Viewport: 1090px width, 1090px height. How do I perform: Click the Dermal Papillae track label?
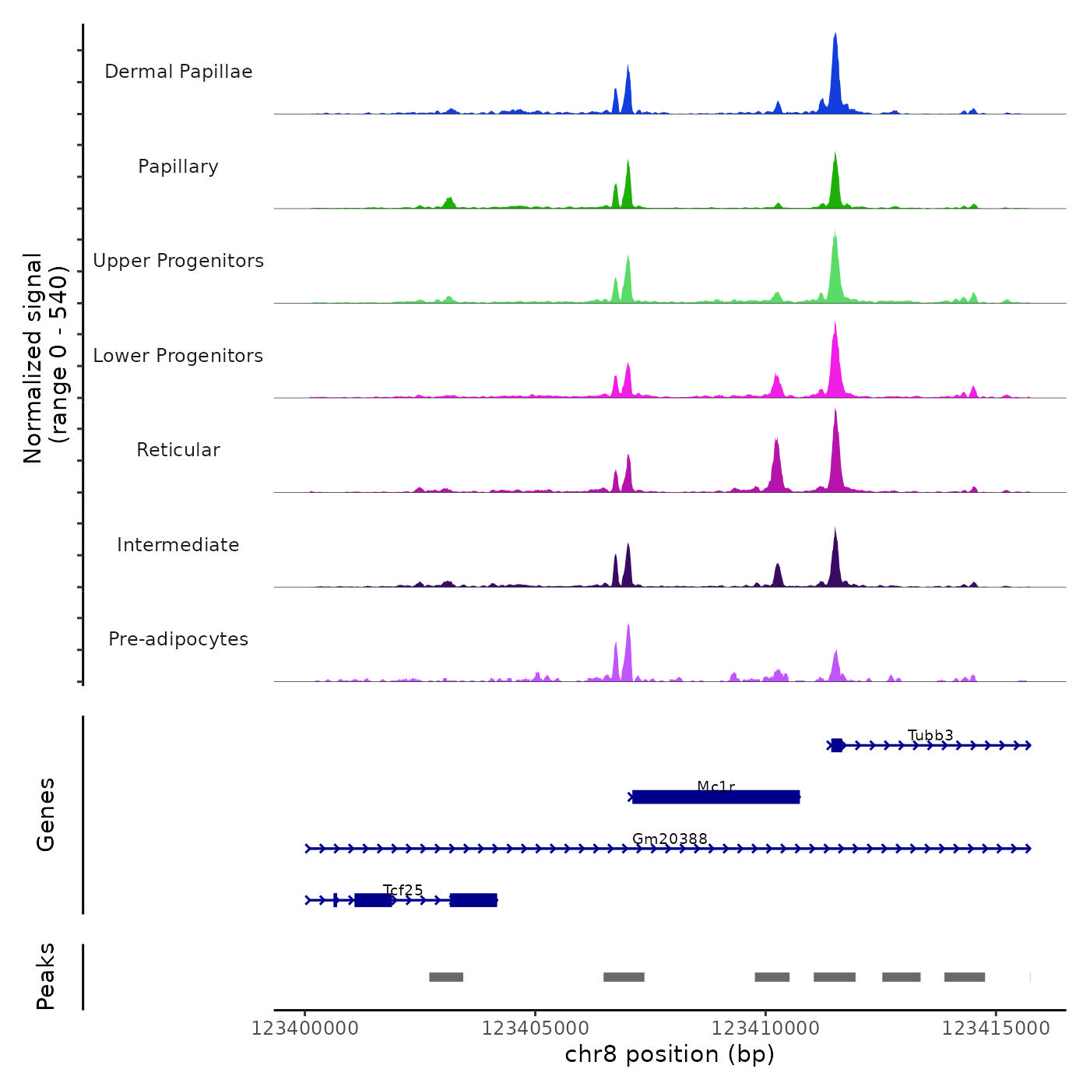click(178, 72)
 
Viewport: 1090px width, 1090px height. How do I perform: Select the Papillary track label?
click(178, 167)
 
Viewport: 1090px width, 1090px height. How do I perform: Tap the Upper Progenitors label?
click(178, 261)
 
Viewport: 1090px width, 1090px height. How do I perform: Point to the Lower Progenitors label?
click(178, 356)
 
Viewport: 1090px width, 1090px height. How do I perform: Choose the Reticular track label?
click(178, 450)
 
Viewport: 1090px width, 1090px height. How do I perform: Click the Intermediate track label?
click(178, 545)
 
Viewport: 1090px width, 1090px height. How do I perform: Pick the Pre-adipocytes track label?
click(178, 639)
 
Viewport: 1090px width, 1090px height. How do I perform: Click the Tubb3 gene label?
click(930, 735)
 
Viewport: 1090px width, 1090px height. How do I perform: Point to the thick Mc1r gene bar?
click(716, 796)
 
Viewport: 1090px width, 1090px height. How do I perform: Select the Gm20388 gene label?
click(670, 839)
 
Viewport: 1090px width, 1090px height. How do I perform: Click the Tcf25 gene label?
click(403, 890)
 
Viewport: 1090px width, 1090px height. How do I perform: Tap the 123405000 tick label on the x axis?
click(535, 1028)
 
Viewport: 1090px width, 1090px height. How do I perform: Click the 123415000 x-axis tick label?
click(996, 1028)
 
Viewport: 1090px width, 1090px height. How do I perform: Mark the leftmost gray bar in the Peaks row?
click(446, 977)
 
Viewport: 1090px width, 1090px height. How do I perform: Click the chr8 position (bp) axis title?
click(670, 1054)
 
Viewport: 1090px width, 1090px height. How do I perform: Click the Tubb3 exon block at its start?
click(837, 745)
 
